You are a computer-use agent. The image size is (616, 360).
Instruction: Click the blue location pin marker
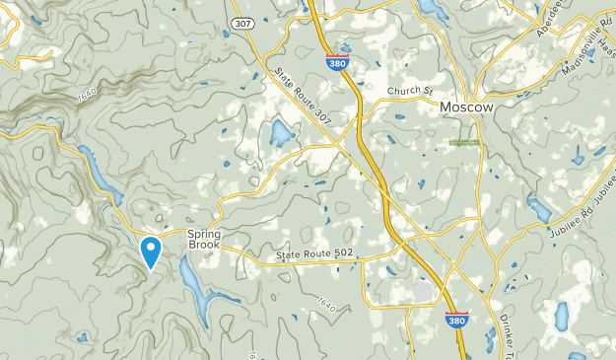[x=151, y=251]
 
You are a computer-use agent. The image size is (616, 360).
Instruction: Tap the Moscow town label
[x=466, y=107]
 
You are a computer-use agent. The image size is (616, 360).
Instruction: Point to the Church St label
[x=409, y=91]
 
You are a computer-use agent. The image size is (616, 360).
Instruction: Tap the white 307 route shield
[x=242, y=22]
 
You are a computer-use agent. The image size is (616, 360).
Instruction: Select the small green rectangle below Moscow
[x=463, y=143]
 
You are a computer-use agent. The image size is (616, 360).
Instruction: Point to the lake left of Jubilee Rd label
[x=538, y=208]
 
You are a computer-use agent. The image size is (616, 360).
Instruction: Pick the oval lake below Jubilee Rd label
[x=563, y=316]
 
